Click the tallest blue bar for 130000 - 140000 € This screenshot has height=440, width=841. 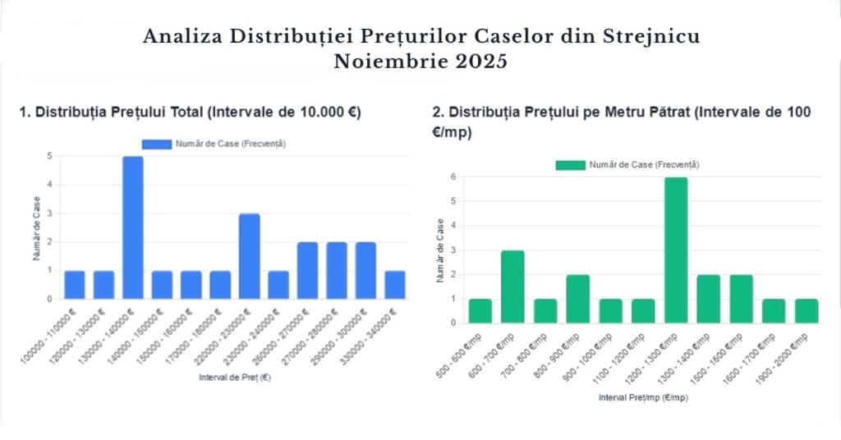[133, 227]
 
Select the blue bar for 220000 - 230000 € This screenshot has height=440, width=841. [250, 256]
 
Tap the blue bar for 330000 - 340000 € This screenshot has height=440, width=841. [395, 284]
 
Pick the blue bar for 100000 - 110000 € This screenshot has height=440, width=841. [75, 284]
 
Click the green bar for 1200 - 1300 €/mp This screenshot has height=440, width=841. [676, 250]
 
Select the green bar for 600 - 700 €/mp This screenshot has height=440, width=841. [512, 286]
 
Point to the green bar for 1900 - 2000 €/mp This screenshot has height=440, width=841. [807, 310]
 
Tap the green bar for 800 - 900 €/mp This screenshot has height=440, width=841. [578, 298]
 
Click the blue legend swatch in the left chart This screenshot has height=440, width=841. [156, 144]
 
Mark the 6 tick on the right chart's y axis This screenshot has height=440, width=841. [454, 177]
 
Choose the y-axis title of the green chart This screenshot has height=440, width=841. [440, 250]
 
